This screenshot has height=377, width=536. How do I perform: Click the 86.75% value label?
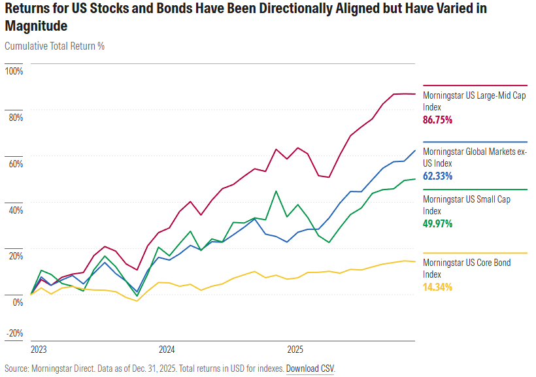(438, 120)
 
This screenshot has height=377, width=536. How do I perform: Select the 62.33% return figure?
(438, 176)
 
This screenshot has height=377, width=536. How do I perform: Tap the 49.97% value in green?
(438, 223)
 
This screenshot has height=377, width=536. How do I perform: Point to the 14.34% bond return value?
(438, 287)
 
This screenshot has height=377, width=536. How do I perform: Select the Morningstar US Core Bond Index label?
(467, 268)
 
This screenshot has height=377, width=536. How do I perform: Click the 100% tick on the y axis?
(14, 71)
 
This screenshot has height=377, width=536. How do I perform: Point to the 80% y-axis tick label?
(15, 118)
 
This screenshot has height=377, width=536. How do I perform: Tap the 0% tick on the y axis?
(17, 303)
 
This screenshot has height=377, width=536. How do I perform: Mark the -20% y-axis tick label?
(14, 333)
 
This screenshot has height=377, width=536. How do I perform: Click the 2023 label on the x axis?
(39, 349)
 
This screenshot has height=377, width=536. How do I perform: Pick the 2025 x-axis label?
(295, 349)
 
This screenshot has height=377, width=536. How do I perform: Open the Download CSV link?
(310, 369)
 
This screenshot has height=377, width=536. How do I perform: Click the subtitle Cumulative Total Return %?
(54, 46)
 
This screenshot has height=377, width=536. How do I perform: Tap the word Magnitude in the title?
(35, 26)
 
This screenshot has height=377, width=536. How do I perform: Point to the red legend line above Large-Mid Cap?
(475, 86)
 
